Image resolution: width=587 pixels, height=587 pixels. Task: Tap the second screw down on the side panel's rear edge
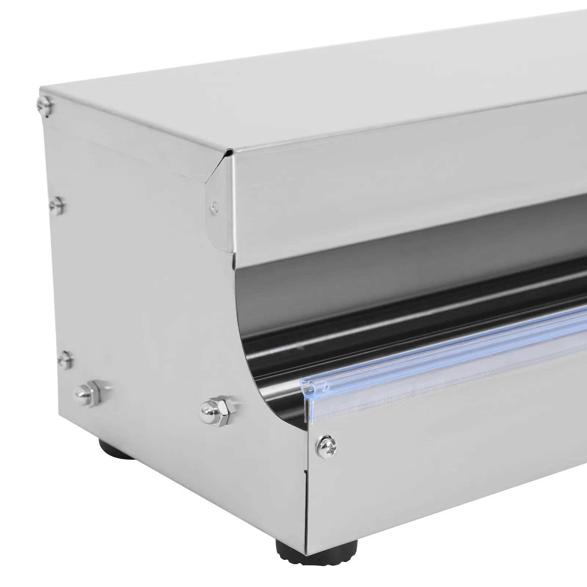click(57, 205)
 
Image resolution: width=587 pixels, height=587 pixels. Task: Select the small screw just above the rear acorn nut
click(65, 360)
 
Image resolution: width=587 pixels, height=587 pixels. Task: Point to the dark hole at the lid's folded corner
click(228, 151)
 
